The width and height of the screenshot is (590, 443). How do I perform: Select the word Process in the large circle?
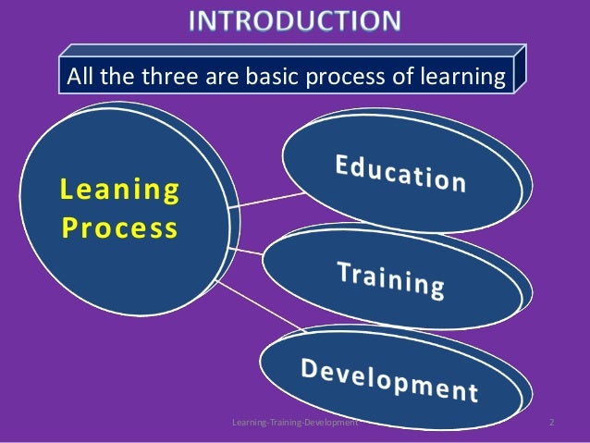118,228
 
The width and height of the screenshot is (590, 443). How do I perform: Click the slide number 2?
551,423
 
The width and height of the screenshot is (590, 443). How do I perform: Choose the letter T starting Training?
343,269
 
